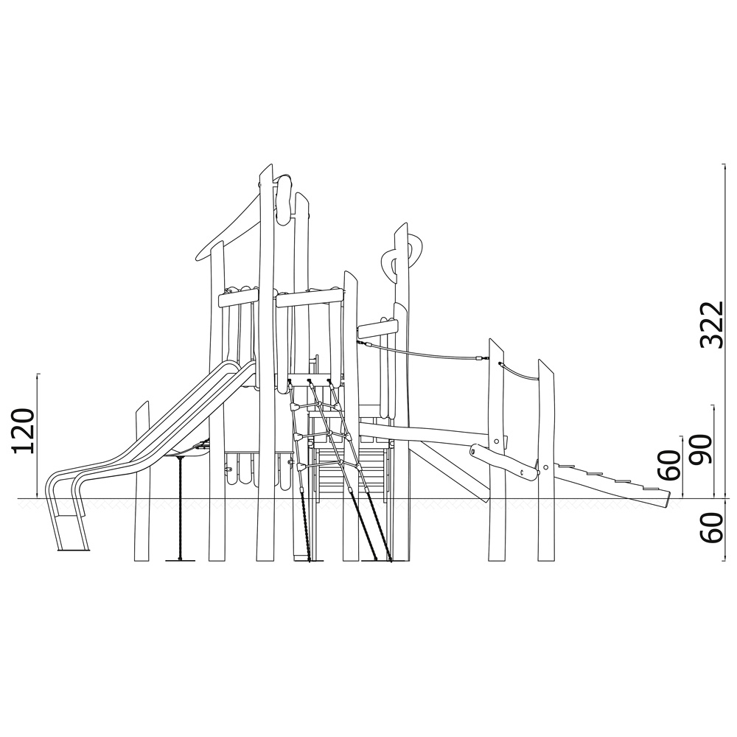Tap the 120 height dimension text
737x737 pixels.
click(24, 431)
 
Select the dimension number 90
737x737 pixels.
click(700, 450)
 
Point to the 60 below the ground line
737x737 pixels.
click(711, 528)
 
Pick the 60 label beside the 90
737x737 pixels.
click(669, 465)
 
